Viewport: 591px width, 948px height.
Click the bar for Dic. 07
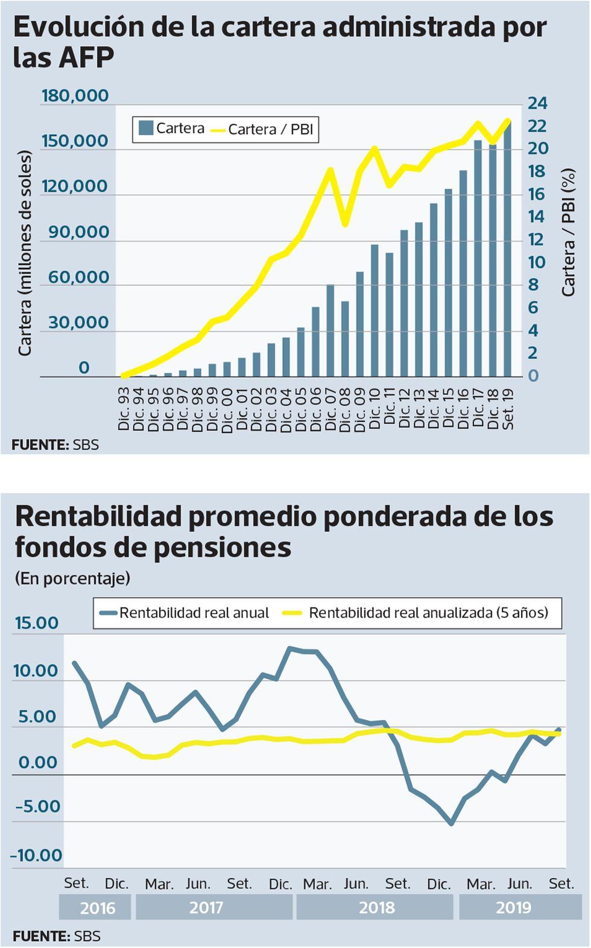point(330,330)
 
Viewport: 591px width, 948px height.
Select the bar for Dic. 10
point(375,311)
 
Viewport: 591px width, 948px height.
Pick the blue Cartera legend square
point(145,128)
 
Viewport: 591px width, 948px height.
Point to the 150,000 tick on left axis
point(75,141)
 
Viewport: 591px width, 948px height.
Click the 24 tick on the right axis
point(537,103)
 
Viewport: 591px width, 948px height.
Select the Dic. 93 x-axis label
point(124,409)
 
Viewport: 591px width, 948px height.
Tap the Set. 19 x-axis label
point(508,409)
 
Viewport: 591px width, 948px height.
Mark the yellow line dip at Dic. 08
point(345,224)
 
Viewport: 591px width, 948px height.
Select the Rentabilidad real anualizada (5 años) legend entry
point(428,613)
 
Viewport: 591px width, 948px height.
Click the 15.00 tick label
point(37,623)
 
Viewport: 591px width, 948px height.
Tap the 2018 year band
point(376,908)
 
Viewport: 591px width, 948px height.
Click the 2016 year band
point(97,908)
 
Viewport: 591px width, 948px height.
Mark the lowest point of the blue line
point(451,823)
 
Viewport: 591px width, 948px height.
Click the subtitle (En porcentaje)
point(72,578)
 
